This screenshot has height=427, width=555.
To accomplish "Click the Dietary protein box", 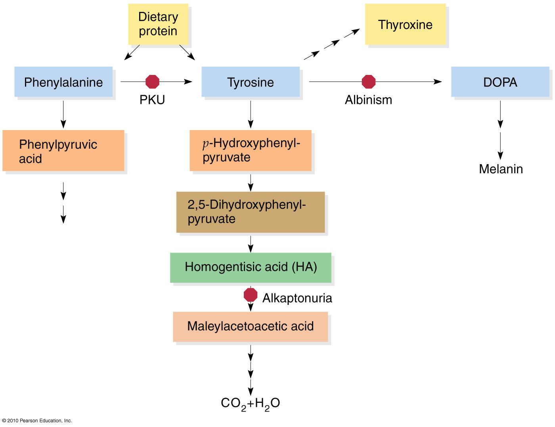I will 158,24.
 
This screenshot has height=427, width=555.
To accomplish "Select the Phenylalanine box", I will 63,82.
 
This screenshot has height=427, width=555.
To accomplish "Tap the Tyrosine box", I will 251,82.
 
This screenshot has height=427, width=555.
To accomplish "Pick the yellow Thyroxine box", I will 405,25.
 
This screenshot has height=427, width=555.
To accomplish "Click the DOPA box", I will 500,82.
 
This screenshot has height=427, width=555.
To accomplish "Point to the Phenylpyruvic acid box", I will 63,151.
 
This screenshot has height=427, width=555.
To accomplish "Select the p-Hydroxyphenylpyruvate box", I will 251,150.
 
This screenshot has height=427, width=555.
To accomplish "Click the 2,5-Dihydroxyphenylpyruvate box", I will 251,212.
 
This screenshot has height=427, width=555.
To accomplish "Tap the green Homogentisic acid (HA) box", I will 251,267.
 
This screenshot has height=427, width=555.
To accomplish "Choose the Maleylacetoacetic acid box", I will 251,326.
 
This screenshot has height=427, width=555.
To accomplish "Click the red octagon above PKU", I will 153,82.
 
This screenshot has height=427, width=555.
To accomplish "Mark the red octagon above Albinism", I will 369,82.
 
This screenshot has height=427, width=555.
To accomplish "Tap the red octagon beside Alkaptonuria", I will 251,295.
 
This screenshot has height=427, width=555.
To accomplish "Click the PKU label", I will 152,100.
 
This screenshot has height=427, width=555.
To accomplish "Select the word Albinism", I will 368,100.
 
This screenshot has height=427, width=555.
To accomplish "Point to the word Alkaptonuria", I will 297,298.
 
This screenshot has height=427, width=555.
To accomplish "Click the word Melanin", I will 501,169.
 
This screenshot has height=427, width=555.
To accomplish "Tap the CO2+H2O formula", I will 251,403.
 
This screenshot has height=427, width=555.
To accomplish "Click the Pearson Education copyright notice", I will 37,421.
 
